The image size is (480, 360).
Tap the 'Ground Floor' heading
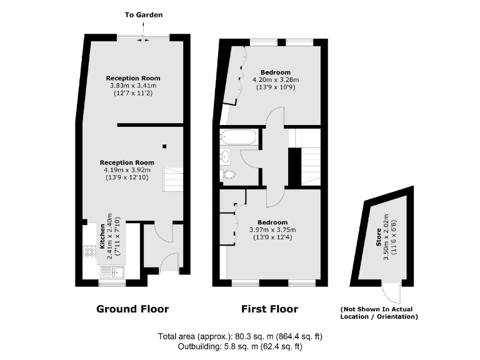tap(132, 309)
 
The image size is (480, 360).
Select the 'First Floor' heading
tap(269, 309)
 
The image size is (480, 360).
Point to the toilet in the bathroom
tap(227, 175)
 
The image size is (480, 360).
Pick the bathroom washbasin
tap(225, 156)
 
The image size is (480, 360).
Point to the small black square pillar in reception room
tap(164, 146)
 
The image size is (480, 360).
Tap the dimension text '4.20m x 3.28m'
tap(276, 80)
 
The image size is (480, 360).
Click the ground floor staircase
tap(172, 179)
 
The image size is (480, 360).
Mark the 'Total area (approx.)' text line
tap(239, 336)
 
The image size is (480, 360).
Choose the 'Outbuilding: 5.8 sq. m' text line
tap(239, 346)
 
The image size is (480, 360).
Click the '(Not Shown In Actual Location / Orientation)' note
tap(379, 313)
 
